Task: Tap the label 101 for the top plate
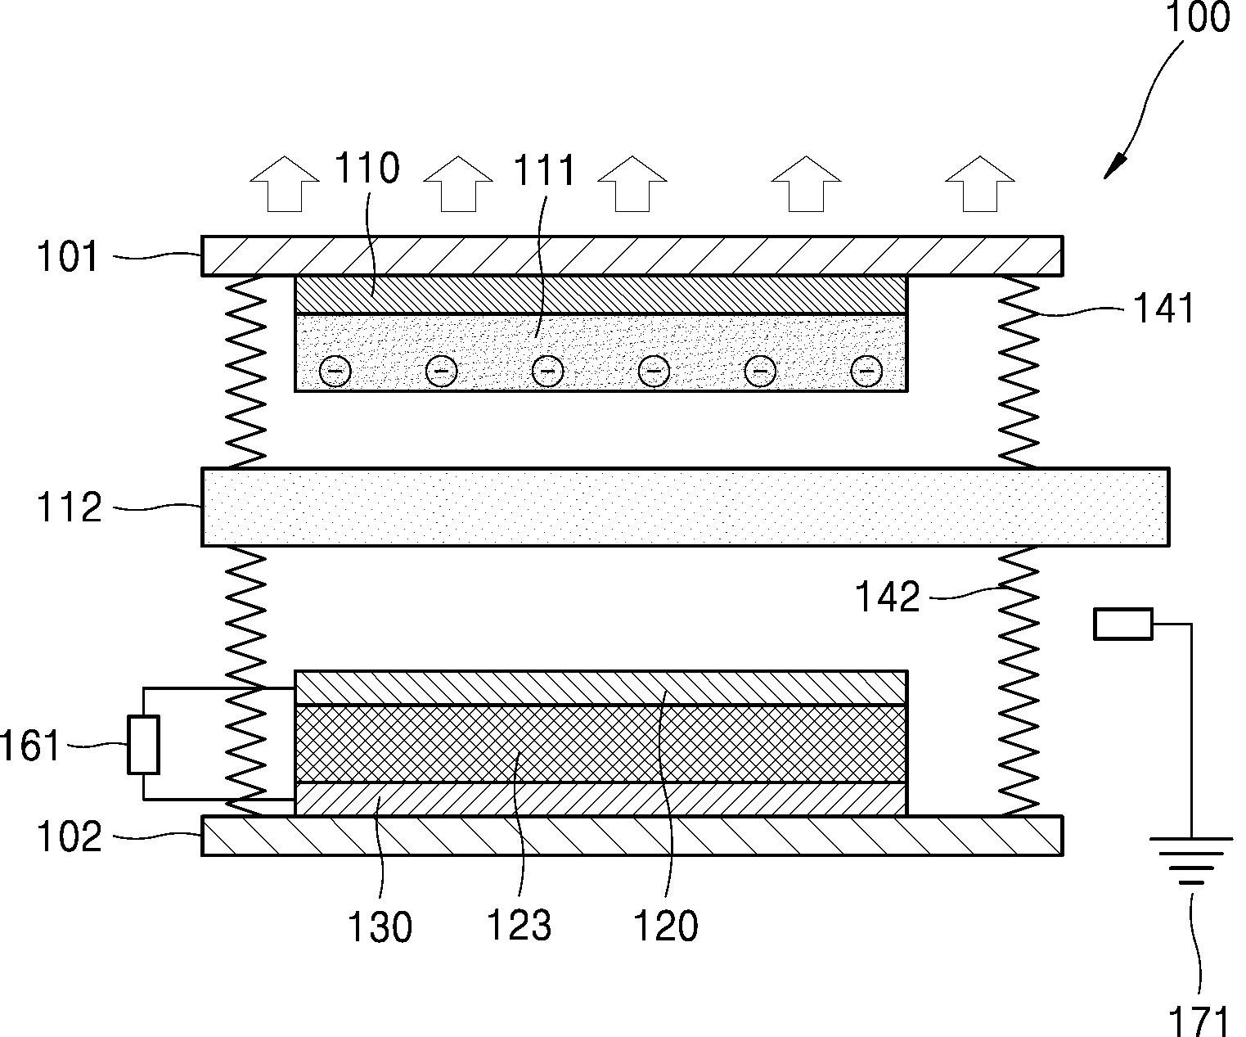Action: (67, 257)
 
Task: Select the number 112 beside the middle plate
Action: (70, 507)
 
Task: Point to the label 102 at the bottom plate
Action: (70, 836)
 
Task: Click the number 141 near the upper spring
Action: (1163, 309)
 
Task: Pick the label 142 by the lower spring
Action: (888, 597)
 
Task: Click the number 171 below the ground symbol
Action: (1198, 1021)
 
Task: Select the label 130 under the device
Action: (380, 927)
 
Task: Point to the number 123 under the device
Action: (519, 926)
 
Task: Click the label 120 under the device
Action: (665, 926)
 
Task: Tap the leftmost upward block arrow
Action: (285, 184)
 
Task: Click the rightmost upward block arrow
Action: (980, 184)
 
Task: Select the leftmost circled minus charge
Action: (335, 372)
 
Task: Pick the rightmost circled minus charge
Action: (866, 372)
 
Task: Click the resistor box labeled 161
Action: (143, 745)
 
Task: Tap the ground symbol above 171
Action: (1192, 860)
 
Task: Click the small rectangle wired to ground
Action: (1123, 624)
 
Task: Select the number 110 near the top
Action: (367, 168)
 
